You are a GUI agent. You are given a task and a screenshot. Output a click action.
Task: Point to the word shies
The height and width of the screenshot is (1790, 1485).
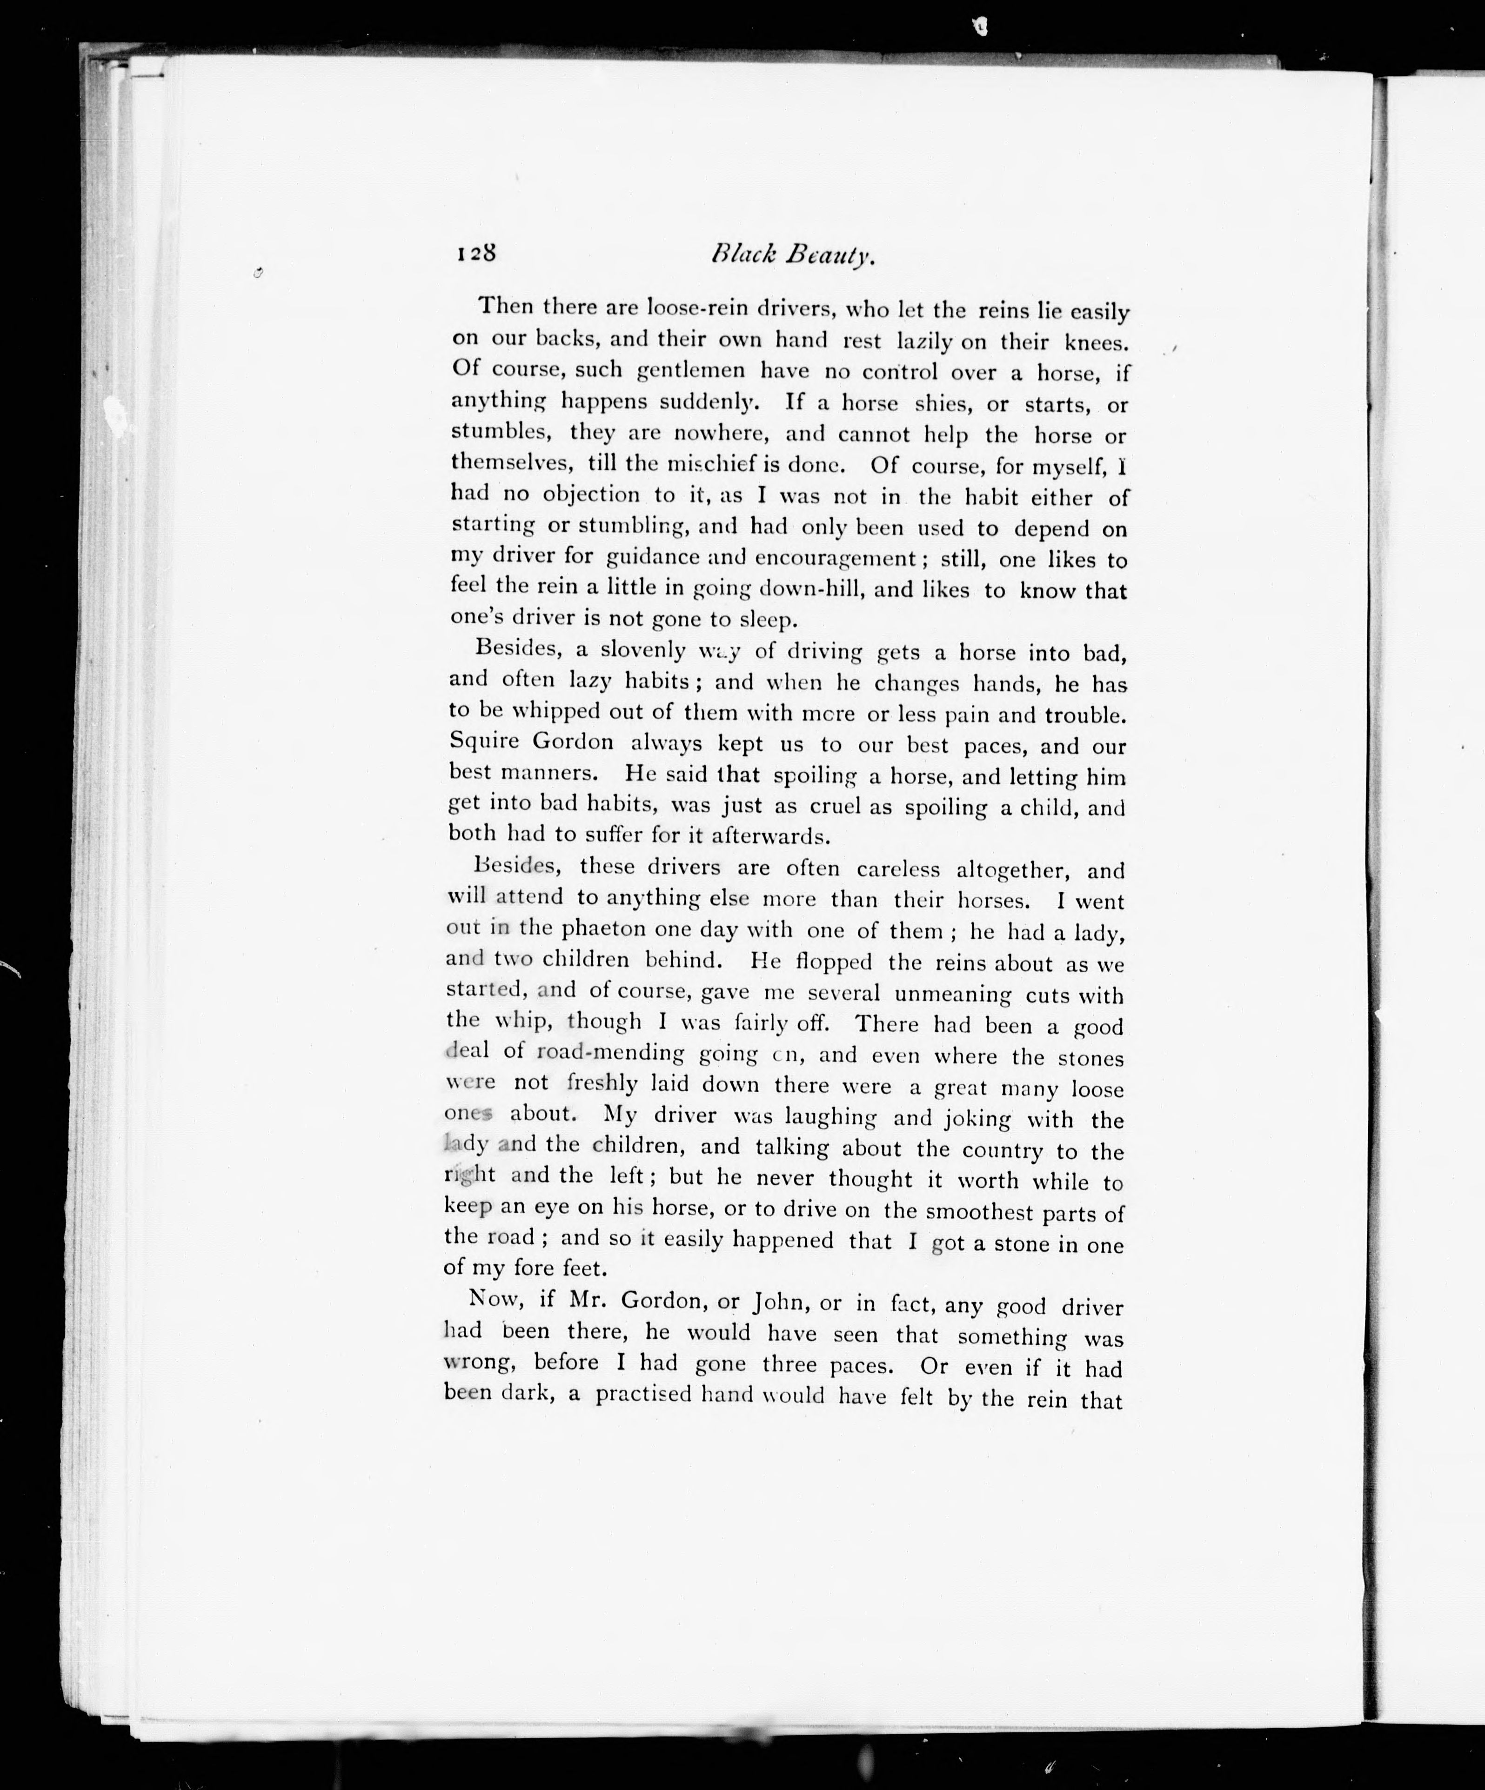[x=943, y=402]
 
